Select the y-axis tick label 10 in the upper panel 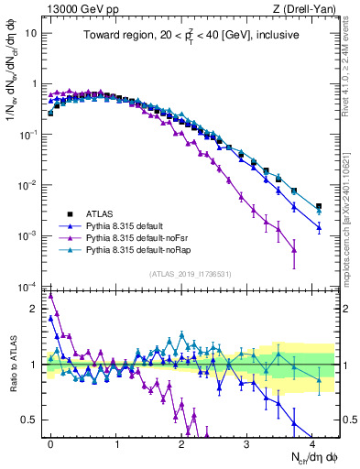(30, 32)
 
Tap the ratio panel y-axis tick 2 (34, 309)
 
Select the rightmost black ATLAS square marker (319, 207)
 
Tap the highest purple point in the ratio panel (50, 296)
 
